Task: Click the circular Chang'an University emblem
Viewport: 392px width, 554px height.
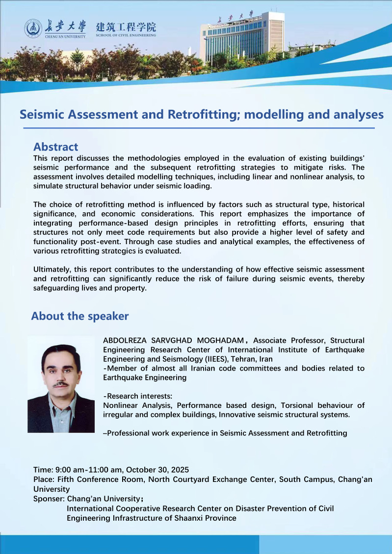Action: (33, 28)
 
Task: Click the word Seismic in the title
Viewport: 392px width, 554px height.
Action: (45, 114)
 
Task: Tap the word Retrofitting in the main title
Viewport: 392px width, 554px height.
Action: (204, 114)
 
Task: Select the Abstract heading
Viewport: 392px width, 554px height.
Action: (55, 147)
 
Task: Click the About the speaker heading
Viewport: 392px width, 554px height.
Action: (79, 316)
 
